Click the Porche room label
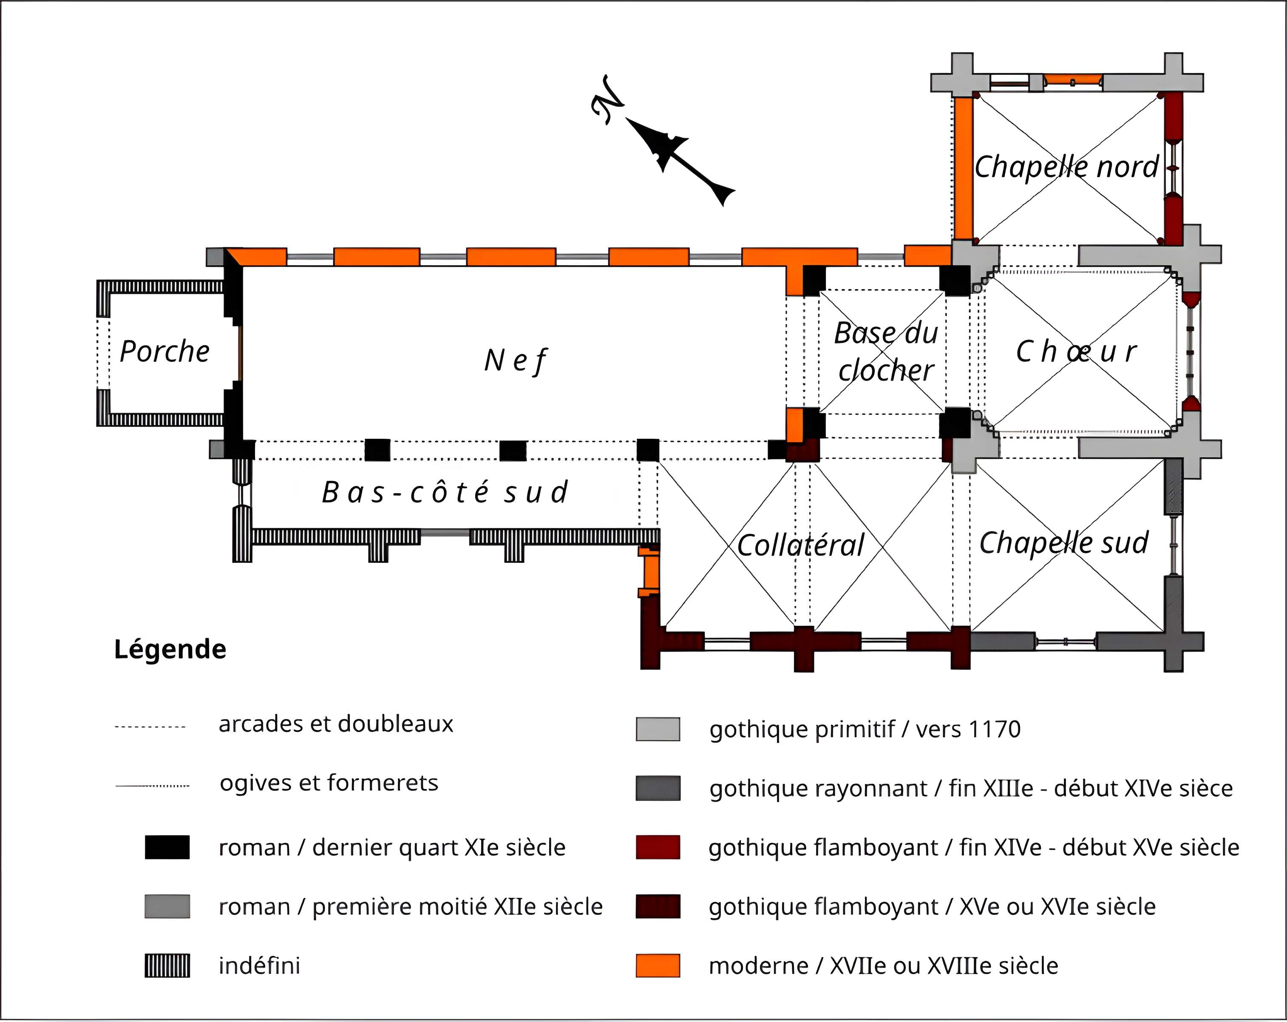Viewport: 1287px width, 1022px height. tap(165, 352)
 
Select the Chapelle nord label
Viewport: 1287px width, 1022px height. tap(1066, 167)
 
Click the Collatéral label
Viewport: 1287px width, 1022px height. tap(800, 545)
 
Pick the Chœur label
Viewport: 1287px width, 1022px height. tap(1076, 352)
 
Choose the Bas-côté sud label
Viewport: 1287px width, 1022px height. tap(445, 492)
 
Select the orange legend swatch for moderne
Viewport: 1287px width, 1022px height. tap(658, 966)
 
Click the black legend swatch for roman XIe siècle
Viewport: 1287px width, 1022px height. tap(167, 847)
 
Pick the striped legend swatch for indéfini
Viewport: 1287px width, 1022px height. tap(167, 966)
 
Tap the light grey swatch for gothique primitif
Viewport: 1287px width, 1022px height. tap(658, 729)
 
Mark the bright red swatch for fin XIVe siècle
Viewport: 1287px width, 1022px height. tap(658, 847)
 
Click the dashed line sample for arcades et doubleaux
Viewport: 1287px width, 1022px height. tap(150, 727)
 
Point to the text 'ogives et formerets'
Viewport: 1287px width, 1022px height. tap(329, 783)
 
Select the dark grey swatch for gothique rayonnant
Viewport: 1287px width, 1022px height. tap(658, 788)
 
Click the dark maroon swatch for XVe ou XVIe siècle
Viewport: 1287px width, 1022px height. tap(658, 906)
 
